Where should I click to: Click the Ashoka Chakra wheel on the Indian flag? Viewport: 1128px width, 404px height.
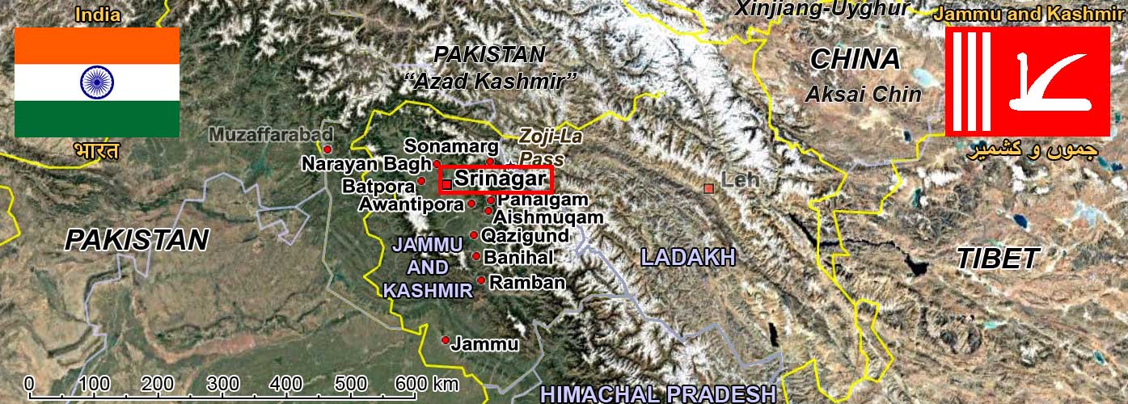point(97,82)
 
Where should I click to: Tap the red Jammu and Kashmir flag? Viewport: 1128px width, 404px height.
point(1028,81)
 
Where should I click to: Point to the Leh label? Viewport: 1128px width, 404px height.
point(740,180)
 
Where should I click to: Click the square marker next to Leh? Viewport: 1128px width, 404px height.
point(709,188)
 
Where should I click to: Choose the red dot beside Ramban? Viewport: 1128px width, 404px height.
point(481,280)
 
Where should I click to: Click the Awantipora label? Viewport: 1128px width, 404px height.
point(412,204)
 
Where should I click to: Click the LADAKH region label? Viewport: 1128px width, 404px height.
point(687,258)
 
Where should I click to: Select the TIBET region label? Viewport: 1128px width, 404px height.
point(997,259)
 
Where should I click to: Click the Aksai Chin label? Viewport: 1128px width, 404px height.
point(863,94)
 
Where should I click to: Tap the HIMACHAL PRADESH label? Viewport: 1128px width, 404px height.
point(657,393)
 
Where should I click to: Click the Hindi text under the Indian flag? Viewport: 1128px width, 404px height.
point(96,151)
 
